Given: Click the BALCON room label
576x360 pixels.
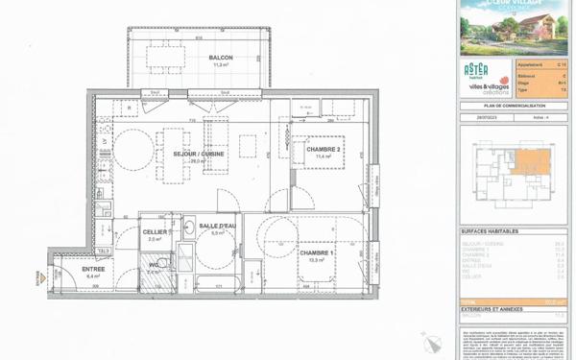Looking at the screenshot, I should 221,58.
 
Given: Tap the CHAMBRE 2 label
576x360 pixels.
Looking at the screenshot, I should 324,150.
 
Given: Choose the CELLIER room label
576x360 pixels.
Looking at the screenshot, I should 155,231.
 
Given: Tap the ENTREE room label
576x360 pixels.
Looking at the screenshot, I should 92,270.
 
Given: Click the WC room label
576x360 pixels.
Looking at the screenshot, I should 154,264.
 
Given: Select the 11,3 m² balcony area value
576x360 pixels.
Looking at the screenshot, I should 220,65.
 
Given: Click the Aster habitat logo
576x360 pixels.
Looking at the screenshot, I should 476,70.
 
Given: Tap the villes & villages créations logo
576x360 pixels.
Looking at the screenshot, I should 489,86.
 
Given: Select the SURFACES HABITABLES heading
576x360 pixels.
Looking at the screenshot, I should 491,232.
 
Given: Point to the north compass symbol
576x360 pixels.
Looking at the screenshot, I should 430,339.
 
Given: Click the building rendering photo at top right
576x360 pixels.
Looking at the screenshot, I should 514,27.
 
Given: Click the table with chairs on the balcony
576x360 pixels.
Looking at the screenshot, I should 164,57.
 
